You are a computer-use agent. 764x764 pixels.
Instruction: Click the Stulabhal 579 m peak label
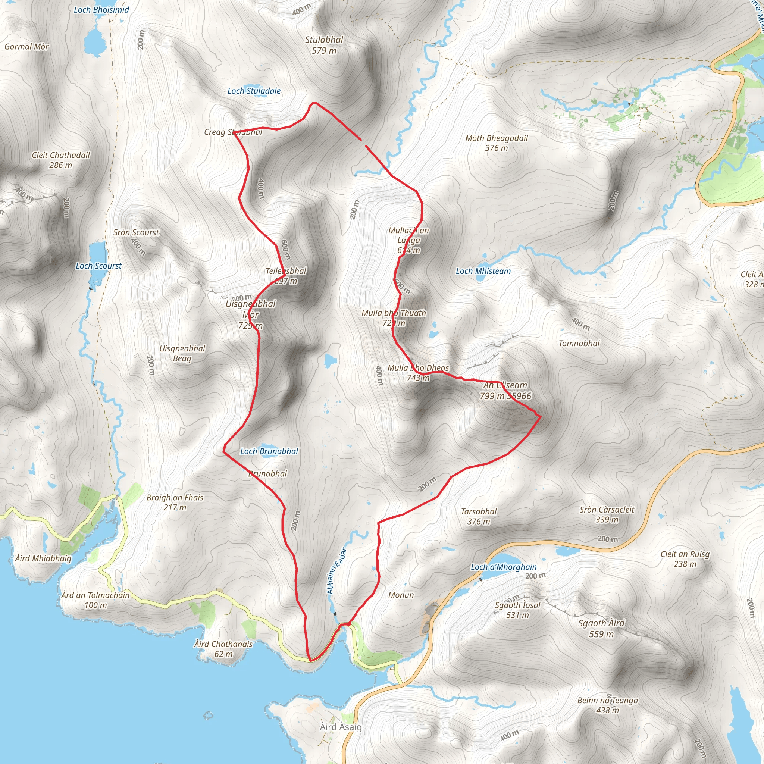coord(324,45)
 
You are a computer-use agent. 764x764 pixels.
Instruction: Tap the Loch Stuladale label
coord(254,91)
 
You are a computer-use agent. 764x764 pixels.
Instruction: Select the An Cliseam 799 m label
coord(505,390)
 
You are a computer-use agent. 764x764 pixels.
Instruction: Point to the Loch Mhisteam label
coord(483,271)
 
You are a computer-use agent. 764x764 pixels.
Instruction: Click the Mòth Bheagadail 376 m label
coord(496,143)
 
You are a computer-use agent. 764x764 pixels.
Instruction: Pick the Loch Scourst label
coord(98,266)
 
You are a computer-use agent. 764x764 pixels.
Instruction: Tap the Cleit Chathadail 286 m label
coord(61,160)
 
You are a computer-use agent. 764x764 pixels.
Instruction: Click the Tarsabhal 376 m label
coord(479,516)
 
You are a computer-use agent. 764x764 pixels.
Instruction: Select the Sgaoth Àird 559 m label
coord(601,628)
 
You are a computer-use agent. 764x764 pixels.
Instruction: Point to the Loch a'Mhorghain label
coord(503,567)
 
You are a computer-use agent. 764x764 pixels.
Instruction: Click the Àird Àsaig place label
coord(341,727)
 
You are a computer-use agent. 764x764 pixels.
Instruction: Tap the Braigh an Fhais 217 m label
coord(175,502)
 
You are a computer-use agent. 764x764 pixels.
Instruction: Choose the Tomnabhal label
coord(579,343)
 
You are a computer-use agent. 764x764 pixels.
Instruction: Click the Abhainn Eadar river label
coord(336,571)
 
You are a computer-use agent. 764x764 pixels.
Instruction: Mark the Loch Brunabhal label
coord(269,451)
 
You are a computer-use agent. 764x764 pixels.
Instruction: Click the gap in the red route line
coord(363,143)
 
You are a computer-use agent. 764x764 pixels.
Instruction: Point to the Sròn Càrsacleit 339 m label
coord(607,514)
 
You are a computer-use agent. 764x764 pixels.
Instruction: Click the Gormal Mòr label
coord(26,47)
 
